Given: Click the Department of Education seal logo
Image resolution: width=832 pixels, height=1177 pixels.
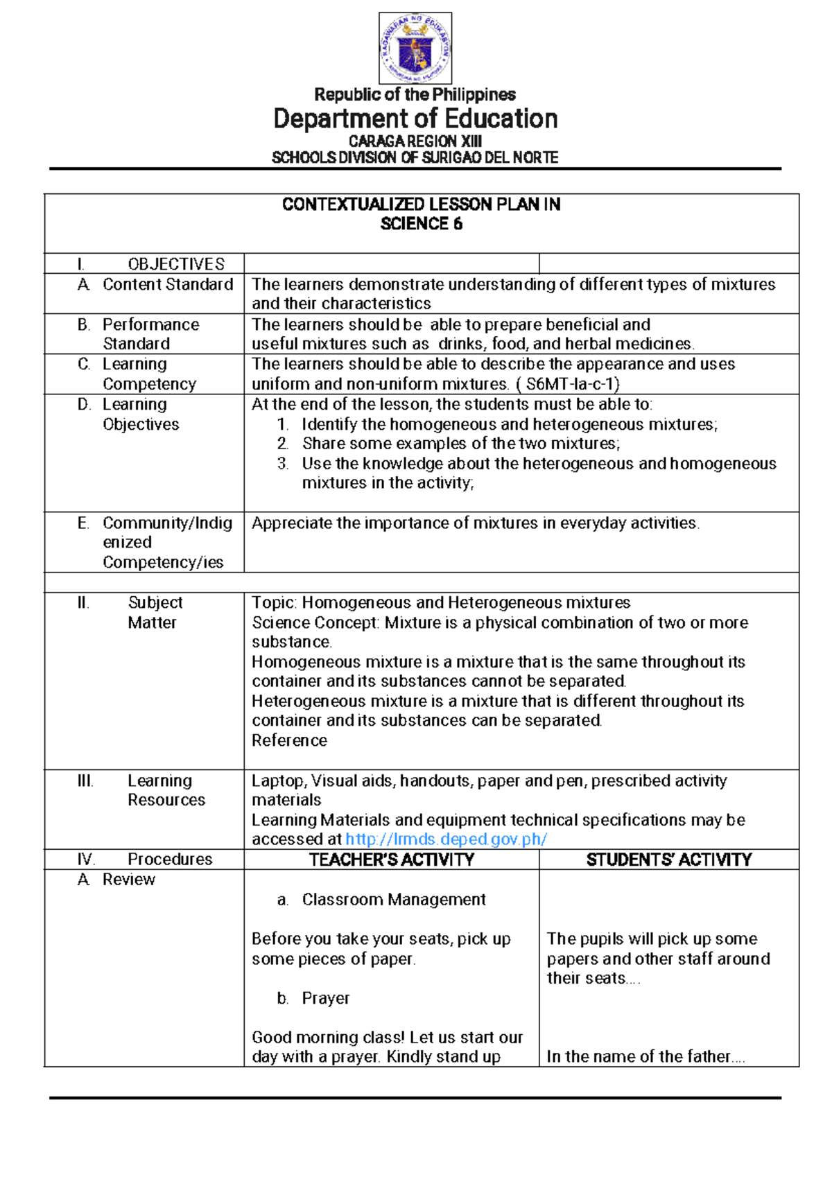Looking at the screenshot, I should tap(415, 48).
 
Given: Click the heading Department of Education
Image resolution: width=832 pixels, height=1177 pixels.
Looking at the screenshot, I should tap(415, 119).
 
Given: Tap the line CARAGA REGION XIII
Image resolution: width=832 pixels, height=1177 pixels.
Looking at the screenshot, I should tap(415, 141).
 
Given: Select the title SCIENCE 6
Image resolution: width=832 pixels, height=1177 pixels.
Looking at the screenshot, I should tap(421, 224).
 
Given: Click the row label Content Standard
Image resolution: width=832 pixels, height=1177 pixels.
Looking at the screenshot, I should tap(167, 285).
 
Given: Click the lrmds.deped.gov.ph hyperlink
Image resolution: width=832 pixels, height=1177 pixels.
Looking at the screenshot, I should tap(446, 839).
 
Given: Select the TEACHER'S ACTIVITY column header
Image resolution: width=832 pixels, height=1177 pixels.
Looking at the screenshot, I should tap(391, 860).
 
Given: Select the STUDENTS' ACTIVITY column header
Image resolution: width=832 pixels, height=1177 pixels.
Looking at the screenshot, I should tap(668, 860).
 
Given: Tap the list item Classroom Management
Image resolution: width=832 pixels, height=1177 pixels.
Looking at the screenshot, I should tap(393, 900).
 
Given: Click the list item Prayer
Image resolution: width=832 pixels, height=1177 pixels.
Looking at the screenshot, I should tap(325, 998).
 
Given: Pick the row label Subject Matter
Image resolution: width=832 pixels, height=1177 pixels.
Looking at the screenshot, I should tap(154, 612).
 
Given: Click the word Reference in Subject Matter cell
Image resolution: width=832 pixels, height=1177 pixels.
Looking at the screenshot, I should tap(289, 741).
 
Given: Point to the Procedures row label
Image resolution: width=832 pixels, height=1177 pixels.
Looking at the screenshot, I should tap(169, 860).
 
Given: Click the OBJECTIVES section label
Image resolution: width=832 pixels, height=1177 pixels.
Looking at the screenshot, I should tap(176, 264).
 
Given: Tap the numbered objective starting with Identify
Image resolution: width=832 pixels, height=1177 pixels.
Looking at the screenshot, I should tap(509, 424).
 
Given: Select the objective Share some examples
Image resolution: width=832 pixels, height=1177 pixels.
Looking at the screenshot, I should tap(460, 444).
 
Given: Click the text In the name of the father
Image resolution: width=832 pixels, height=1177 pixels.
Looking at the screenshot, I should tap(644, 1056).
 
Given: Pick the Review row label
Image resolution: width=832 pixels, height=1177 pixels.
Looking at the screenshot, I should tap(128, 880).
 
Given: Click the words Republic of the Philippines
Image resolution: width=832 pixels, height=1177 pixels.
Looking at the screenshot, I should tap(415, 94).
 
